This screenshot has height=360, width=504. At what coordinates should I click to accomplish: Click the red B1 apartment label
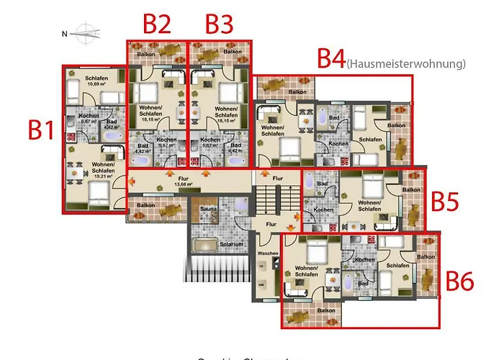pos(41,130)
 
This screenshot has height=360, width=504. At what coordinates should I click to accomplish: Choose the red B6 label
pos(459,280)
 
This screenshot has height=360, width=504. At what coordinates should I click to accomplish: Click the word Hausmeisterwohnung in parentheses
pos(405,64)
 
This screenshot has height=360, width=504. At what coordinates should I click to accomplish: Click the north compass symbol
pos(86,32)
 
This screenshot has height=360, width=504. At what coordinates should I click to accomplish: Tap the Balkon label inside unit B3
pos(232,52)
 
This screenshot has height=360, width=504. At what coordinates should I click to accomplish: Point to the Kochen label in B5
pos(323,210)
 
